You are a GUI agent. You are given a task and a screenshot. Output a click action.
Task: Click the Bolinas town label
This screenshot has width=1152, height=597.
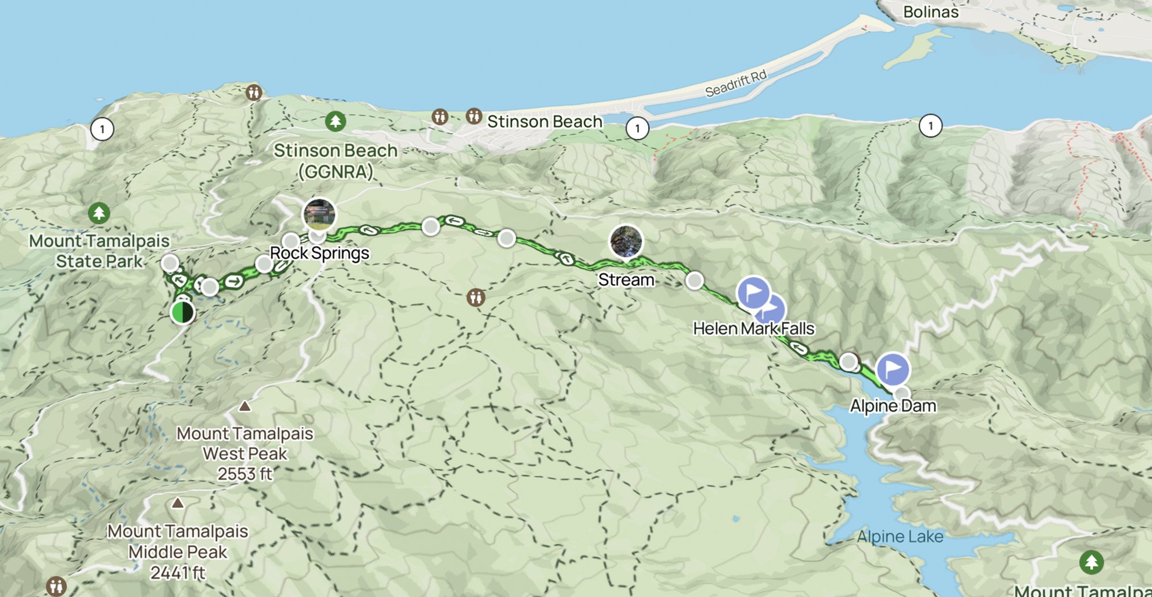[x=930, y=12]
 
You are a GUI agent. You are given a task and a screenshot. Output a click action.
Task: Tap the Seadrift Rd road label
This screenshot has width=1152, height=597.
[x=736, y=84]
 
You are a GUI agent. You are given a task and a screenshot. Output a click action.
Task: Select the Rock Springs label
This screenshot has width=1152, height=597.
[x=320, y=253]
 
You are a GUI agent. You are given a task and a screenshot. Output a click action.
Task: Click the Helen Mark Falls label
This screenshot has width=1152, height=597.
[x=753, y=328]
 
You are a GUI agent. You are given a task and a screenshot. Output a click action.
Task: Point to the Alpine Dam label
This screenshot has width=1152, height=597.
[x=893, y=406]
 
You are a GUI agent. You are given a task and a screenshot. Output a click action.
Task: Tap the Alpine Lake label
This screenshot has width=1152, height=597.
[x=900, y=536]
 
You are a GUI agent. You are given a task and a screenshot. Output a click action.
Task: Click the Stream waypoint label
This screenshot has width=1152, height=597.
[x=626, y=280]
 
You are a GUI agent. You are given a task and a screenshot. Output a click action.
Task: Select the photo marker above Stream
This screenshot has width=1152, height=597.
[x=626, y=241]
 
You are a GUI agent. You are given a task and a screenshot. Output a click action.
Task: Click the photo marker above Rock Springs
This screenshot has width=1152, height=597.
[x=320, y=214]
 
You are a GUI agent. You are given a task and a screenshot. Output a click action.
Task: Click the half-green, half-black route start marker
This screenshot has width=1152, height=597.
[x=183, y=312]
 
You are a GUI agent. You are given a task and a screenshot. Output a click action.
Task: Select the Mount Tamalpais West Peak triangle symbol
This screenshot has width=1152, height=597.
[x=245, y=406]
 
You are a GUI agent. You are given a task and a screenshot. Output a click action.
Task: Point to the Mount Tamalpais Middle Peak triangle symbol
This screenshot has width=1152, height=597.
[x=177, y=503]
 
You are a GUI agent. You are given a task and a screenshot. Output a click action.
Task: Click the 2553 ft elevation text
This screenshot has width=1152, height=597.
[x=245, y=474]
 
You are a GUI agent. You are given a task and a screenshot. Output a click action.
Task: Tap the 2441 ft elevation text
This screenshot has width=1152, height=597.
[x=177, y=573]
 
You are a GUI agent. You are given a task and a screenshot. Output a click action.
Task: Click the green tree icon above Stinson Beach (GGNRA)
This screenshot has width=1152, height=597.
[x=335, y=122]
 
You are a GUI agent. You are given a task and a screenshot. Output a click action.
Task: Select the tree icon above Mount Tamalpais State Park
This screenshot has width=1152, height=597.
[x=99, y=213]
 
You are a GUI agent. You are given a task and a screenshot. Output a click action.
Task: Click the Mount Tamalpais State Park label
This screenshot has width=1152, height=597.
[x=99, y=251]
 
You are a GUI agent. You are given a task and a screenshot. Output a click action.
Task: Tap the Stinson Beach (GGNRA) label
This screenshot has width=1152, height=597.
[x=335, y=161]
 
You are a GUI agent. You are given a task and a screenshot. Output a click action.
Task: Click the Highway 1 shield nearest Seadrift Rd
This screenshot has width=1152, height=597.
[x=637, y=128]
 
